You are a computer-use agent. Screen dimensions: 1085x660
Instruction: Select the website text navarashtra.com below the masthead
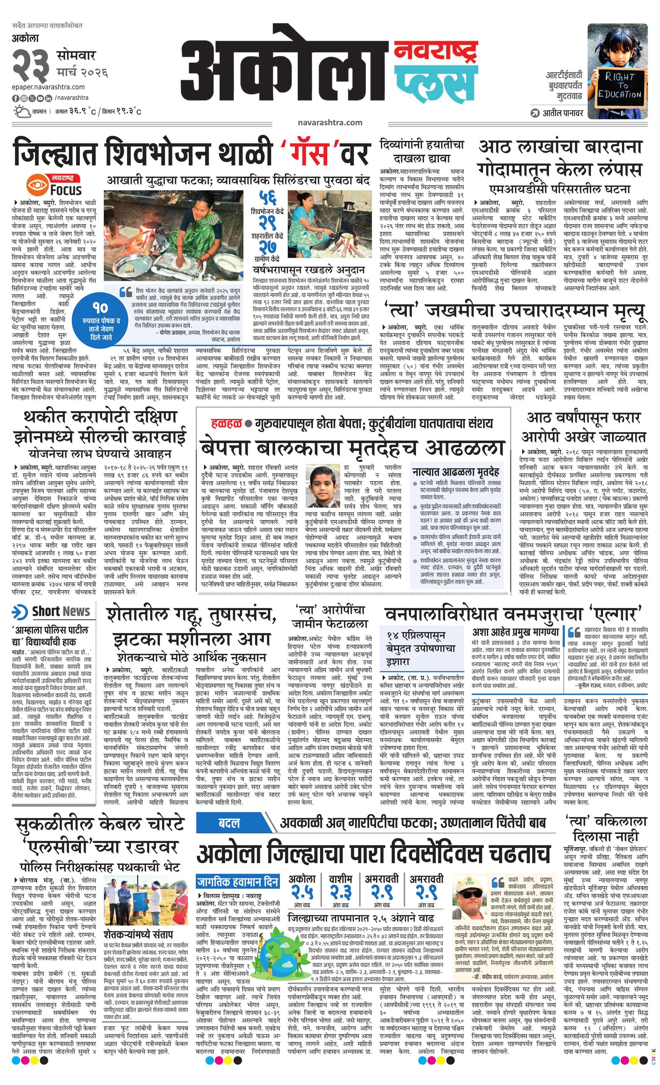[330, 122]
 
